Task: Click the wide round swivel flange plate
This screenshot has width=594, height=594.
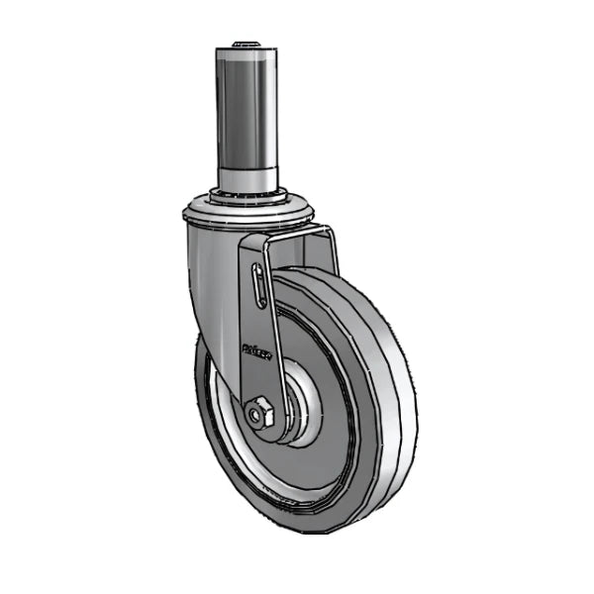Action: coord(247,213)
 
